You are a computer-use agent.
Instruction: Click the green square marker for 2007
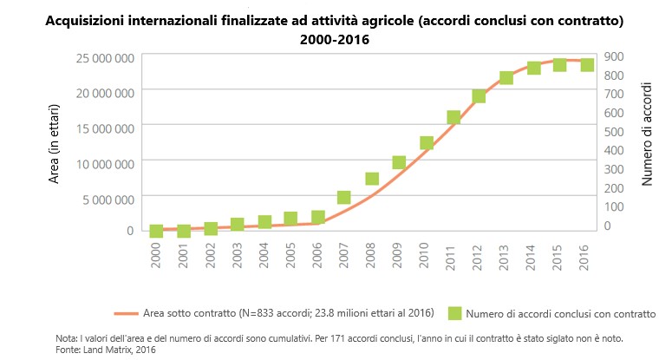click(x=344, y=198)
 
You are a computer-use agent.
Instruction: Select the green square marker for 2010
click(x=426, y=143)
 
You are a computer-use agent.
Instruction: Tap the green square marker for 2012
click(x=479, y=96)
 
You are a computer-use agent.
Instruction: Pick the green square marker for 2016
click(x=587, y=65)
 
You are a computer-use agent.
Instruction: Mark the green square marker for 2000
click(x=156, y=231)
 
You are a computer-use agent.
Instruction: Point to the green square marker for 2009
click(x=399, y=162)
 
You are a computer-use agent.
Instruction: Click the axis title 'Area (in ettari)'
click(x=54, y=144)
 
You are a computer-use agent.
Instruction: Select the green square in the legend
click(x=453, y=312)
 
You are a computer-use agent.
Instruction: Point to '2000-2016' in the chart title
click(x=335, y=39)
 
